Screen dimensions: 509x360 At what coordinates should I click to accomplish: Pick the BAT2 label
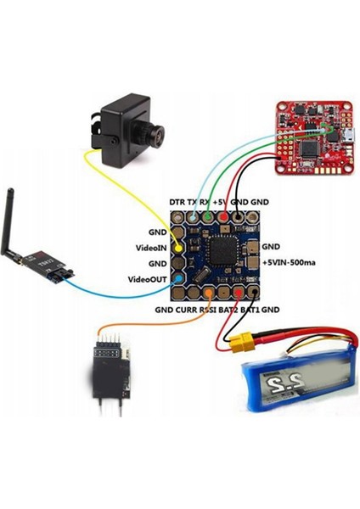[228, 310]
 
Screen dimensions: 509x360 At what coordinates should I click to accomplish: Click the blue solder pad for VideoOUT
[178, 278]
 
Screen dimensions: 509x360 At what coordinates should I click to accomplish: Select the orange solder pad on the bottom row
[209, 294]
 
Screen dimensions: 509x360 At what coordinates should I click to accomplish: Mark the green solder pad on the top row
[209, 218]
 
